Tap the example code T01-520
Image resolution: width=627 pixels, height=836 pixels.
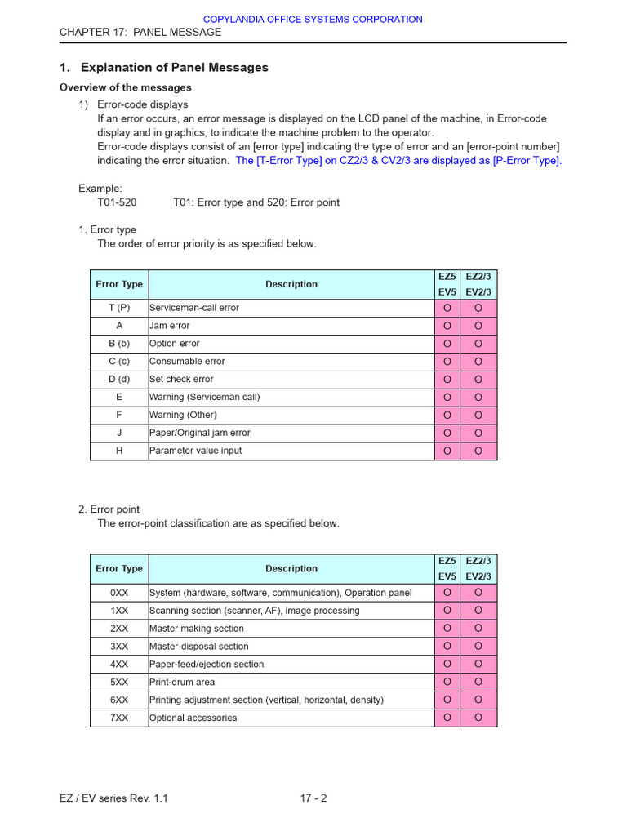pyautogui.click(x=118, y=202)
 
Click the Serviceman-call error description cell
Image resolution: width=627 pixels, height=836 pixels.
pyautogui.click(x=291, y=308)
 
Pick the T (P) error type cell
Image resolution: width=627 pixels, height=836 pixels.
pyautogui.click(x=119, y=308)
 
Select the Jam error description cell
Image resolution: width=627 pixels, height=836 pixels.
pyautogui.click(x=291, y=326)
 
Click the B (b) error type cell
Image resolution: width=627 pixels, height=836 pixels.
pyautogui.click(x=119, y=344)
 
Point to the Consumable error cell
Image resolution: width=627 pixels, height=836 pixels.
pyautogui.click(x=291, y=362)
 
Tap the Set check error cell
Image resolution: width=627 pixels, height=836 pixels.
pyautogui.click(x=291, y=380)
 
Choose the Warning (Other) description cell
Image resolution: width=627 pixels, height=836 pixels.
pyautogui.click(x=291, y=415)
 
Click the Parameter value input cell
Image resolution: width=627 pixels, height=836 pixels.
pyautogui.click(x=291, y=451)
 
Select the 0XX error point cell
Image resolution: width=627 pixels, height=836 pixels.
pyautogui.click(x=119, y=593)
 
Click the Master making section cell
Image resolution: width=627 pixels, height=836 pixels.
pyautogui.click(x=291, y=629)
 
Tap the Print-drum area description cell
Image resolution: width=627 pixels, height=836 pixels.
pyautogui.click(x=291, y=682)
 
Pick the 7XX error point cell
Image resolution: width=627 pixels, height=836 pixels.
pyautogui.click(x=119, y=718)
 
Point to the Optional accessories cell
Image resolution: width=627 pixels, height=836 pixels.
pyautogui.click(x=291, y=718)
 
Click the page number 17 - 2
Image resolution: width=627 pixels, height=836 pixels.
pyautogui.click(x=313, y=798)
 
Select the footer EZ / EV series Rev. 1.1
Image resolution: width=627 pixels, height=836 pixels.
pyautogui.click(x=113, y=798)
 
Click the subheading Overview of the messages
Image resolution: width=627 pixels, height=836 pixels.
pyautogui.click(x=126, y=87)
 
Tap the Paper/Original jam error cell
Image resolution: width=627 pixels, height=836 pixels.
pyautogui.click(x=291, y=433)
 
